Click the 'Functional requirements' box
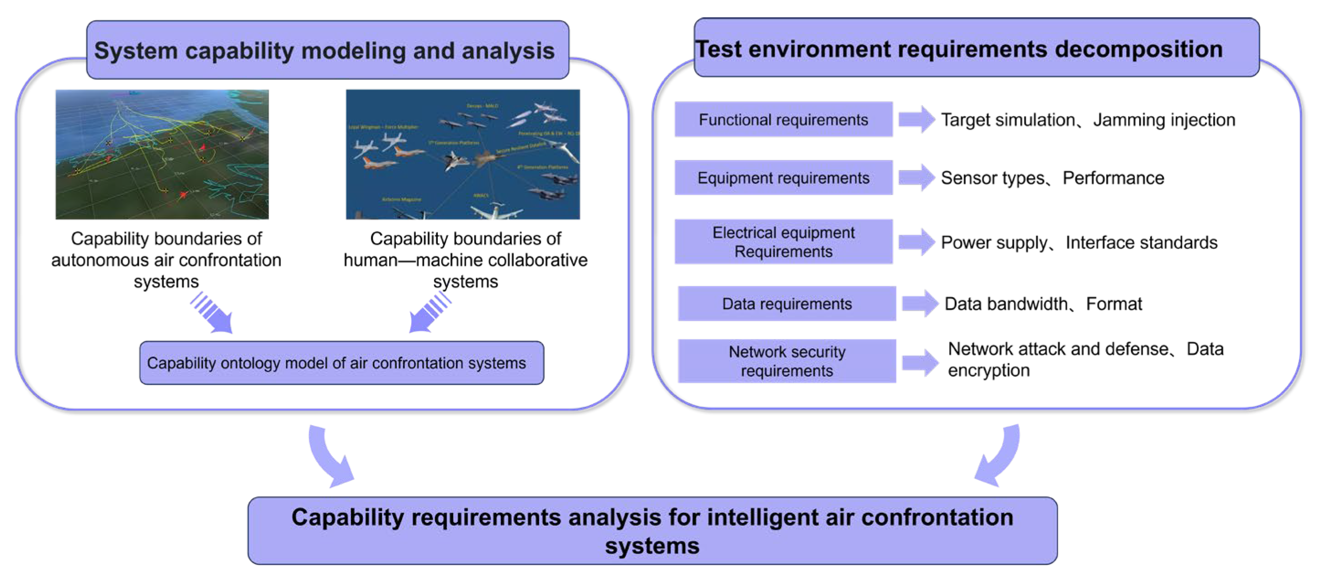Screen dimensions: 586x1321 point(783,120)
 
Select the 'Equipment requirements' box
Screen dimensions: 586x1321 point(783,177)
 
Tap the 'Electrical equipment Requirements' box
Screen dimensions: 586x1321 point(783,242)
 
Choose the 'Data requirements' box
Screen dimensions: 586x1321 point(787,304)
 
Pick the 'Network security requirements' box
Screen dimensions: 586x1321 point(787,361)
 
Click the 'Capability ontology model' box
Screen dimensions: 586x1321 point(341,363)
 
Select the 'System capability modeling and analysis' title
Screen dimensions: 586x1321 point(328,50)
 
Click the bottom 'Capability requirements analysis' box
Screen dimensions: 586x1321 point(653,531)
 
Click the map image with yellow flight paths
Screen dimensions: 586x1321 point(162,154)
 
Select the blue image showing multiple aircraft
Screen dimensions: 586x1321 point(462,154)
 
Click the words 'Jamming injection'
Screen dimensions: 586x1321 point(1164,120)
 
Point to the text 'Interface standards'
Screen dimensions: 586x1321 point(1141,242)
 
